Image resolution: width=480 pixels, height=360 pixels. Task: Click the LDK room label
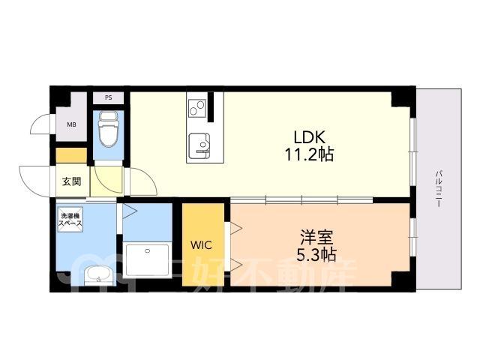[309, 137]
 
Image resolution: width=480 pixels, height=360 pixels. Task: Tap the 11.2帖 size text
[309, 154]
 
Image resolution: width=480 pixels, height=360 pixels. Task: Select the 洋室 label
[316, 238]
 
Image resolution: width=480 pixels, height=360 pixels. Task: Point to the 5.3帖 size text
[316, 254]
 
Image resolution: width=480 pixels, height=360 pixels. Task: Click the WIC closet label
[201, 245]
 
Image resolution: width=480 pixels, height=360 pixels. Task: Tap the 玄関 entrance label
[72, 181]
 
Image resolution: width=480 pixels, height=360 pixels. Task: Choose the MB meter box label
[72, 124]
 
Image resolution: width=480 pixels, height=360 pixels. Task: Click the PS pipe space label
[108, 98]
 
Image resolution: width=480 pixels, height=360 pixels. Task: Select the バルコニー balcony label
[438, 189]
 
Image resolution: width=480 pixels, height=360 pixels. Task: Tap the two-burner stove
[196, 107]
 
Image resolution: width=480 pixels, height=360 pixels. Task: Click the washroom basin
[98, 275]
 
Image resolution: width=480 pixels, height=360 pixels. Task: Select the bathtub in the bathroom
[147, 260]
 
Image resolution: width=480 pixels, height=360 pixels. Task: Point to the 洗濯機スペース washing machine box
[70, 219]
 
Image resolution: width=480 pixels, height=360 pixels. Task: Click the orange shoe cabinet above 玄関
[71, 155]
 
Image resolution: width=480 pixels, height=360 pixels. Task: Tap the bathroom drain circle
[148, 251]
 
